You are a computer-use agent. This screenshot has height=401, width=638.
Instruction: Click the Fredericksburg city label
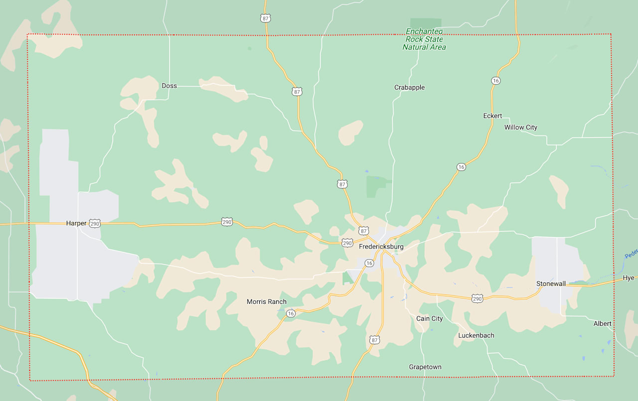(381, 247)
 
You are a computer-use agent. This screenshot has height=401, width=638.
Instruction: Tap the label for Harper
(76, 223)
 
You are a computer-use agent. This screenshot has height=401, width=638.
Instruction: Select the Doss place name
(169, 86)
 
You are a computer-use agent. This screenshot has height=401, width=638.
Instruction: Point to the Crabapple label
(409, 88)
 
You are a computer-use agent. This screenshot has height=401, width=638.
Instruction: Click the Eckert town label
(492, 116)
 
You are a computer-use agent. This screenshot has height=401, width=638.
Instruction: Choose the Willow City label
(521, 128)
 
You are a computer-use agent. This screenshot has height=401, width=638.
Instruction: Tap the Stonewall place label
(551, 284)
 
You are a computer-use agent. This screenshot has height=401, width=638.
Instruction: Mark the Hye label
(629, 278)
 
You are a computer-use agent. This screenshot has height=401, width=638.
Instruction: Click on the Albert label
(602, 324)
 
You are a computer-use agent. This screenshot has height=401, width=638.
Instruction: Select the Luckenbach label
(477, 336)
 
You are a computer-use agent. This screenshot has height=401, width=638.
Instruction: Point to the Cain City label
(430, 319)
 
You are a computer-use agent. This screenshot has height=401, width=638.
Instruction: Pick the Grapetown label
(425, 367)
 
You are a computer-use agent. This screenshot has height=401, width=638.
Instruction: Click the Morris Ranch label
(267, 302)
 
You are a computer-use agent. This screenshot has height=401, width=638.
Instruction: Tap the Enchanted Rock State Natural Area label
(424, 39)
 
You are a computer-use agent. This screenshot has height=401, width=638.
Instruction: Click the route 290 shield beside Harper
(95, 224)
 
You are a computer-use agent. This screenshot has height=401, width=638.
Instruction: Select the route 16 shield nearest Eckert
(495, 81)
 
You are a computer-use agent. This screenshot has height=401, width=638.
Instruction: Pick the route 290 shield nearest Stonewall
(477, 298)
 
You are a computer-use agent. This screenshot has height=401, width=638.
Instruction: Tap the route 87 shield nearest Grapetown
(375, 340)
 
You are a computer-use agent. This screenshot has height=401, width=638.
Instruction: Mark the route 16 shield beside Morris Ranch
(291, 313)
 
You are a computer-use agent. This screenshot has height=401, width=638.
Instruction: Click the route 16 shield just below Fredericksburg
(369, 263)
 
